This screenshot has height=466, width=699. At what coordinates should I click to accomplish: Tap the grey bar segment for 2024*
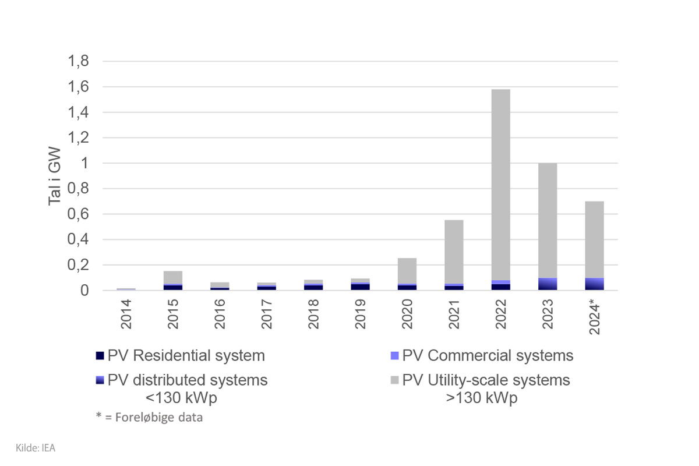(594, 239)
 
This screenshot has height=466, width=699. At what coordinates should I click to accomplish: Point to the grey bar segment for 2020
(407, 271)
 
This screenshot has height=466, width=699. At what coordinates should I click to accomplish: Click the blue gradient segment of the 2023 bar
(548, 284)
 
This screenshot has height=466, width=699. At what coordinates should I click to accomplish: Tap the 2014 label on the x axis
(126, 314)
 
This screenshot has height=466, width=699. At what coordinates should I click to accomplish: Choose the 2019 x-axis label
(361, 314)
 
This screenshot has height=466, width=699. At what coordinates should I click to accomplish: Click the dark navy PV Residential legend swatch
(100, 356)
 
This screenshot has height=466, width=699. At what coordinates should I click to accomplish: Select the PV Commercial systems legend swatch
(394, 356)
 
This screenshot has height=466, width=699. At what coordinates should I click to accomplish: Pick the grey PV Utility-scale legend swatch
(394, 380)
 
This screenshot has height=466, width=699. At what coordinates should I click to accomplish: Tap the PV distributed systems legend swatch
(100, 380)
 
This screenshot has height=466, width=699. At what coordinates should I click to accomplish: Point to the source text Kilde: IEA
(36, 447)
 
